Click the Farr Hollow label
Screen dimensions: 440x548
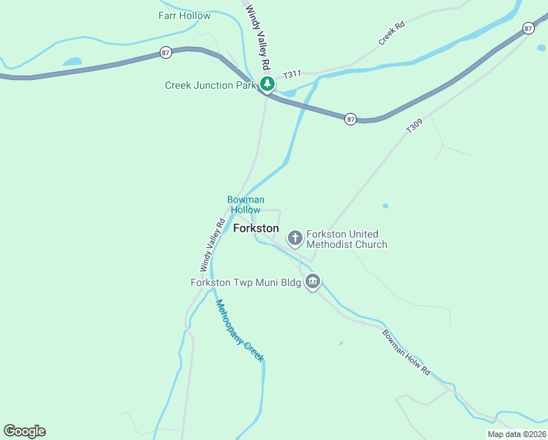[x=184, y=15]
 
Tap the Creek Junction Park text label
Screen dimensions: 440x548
[x=210, y=85]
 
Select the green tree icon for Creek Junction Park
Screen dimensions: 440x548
[x=267, y=84]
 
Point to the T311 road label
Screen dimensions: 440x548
[x=292, y=74]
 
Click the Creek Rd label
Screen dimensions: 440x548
[x=391, y=34]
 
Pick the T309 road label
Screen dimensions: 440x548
[x=414, y=126]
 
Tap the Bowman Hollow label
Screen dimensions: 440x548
[x=245, y=204]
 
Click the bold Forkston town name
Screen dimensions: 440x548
[x=256, y=228]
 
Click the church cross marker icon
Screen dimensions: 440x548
[x=295, y=238]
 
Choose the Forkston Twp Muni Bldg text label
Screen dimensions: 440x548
[x=245, y=282]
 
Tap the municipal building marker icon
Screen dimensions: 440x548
[x=313, y=282]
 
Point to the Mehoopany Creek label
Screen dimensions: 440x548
[x=239, y=330]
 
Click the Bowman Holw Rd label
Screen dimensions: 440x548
[x=406, y=352]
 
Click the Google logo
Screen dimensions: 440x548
[x=24, y=431]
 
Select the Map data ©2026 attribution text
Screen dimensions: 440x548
[x=516, y=434]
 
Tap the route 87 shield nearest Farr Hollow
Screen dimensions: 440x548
[x=166, y=52]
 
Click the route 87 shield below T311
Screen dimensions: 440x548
[x=351, y=119]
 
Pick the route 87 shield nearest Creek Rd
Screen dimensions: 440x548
[x=529, y=28]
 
